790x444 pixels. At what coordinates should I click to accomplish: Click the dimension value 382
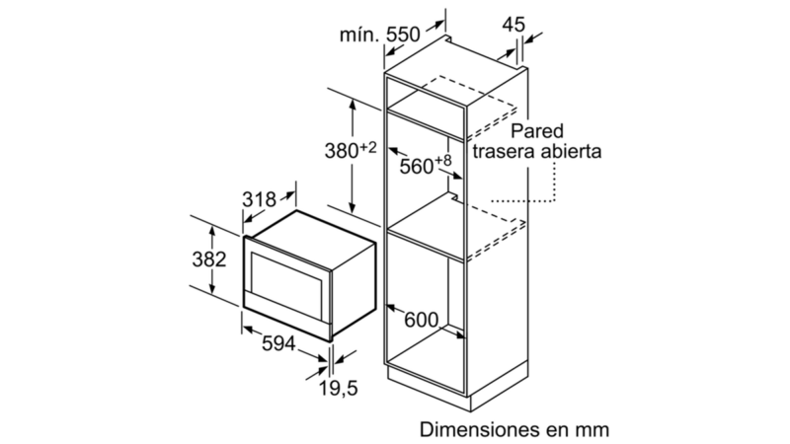pyautogui.click(x=209, y=259)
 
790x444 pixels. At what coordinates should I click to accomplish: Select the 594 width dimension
pyautogui.click(x=278, y=343)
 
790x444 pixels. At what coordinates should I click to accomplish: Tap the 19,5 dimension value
pyautogui.click(x=339, y=388)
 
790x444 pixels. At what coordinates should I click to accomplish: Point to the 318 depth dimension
pyautogui.click(x=260, y=199)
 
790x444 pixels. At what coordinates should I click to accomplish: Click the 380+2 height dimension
pyautogui.click(x=351, y=150)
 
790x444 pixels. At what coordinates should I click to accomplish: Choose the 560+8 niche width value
pyautogui.click(x=426, y=165)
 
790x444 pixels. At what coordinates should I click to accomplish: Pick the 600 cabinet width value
pyautogui.click(x=422, y=320)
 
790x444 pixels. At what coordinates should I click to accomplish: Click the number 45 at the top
pyautogui.click(x=513, y=25)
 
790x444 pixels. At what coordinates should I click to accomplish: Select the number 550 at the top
pyautogui.click(x=403, y=35)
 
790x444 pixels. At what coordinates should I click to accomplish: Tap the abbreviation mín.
pyautogui.click(x=359, y=35)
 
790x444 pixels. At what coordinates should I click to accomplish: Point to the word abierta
pyautogui.click(x=572, y=151)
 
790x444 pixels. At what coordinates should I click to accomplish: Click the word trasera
pyautogui.click(x=504, y=151)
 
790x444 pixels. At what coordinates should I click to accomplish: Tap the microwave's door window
pyautogui.click(x=286, y=284)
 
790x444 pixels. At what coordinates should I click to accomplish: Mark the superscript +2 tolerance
pyautogui.click(x=368, y=147)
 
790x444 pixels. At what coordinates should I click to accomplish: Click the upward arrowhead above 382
pyautogui.click(x=212, y=232)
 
